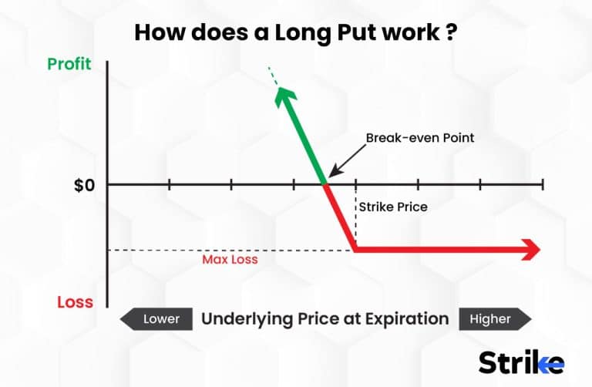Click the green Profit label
[x=69, y=65]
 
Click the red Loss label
[x=75, y=301]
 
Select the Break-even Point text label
[x=420, y=138]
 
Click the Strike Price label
[x=393, y=207]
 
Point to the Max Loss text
[x=230, y=260]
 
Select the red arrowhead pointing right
[x=530, y=249]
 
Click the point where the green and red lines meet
[x=325, y=183]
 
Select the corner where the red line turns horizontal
[x=355, y=249]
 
